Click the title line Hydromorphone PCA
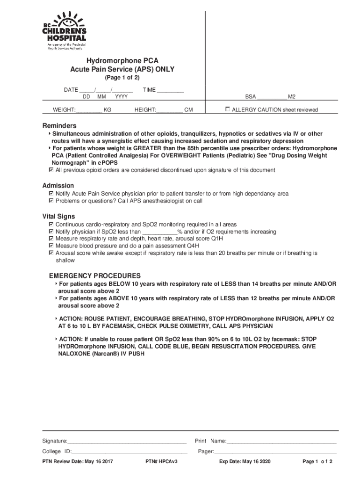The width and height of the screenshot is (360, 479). pos(122,61)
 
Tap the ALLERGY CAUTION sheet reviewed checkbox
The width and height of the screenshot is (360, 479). pos(228,109)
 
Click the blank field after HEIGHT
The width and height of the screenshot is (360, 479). pos(169,110)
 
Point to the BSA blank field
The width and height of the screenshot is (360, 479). pos(272,97)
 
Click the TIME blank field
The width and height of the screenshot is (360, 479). pos(170,90)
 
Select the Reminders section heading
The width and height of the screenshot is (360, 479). pos(59,126)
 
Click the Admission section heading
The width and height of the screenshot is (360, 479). pos(58,186)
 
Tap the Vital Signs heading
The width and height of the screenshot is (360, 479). pos(59,217)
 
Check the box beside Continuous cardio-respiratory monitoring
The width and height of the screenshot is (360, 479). pos(51,225)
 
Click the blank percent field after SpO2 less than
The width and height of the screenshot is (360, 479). pos(159,232)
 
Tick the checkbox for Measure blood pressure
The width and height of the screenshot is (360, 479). pos(51,246)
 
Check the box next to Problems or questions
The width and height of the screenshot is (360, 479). pos(51,201)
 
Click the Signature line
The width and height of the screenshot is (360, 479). pos(127,441)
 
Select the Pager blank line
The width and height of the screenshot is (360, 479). pos(275,452)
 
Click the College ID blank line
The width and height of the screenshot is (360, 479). pos(130,452)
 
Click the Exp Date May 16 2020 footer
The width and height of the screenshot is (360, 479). pos(245,462)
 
